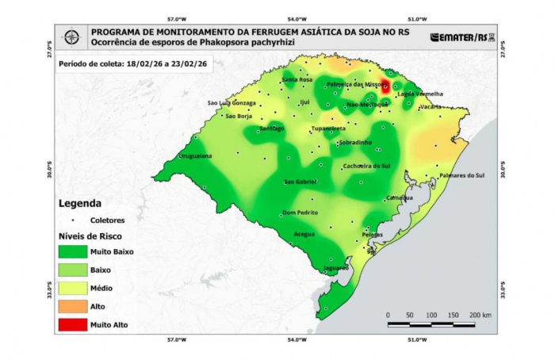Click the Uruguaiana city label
[x=194, y=156]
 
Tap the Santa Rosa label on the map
[x=297, y=80]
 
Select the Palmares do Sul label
[x=461, y=175]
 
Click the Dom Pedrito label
[x=300, y=213]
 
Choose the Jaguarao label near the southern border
[x=336, y=268]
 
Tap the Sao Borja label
[x=239, y=116]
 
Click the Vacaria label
[x=431, y=106]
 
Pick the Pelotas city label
[x=372, y=235]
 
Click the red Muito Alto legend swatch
[x=72, y=324]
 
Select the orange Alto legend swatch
[x=72, y=306]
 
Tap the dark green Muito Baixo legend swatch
[x=72, y=251]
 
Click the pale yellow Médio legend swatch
[x=72, y=288]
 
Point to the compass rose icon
[x=71, y=36]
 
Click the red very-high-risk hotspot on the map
[x=385, y=87]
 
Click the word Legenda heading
[x=79, y=203]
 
